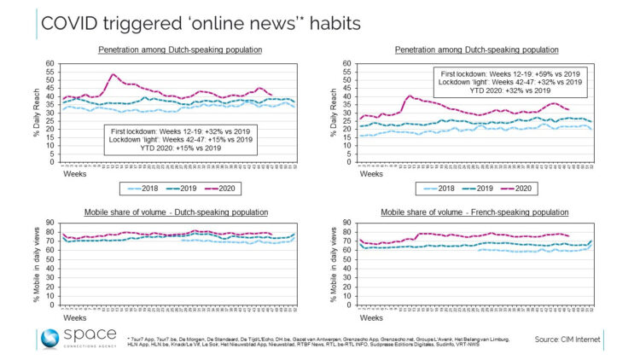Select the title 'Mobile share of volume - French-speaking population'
[482, 212]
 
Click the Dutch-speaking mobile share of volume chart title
[180, 212]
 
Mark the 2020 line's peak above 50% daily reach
[113, 74]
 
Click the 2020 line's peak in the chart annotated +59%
[410, 96]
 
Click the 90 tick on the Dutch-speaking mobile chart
[55, 226]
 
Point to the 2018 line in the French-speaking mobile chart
[512, 250]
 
